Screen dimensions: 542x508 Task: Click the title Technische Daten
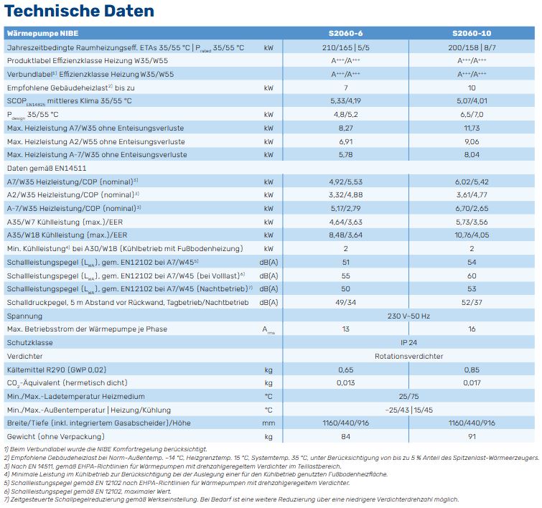tap(79, 11)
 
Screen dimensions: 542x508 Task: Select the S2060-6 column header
tap(346, 33)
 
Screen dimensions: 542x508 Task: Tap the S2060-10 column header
tap(472, 33)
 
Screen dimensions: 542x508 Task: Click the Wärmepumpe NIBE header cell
tap(42, 33)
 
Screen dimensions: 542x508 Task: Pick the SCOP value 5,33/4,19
tap(346, 101)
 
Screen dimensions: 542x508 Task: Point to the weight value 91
tap(472, 436)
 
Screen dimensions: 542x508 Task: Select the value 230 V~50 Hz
tap(408, 316)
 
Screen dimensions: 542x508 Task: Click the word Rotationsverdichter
tap(408, 356)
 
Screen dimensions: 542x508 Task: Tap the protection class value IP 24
tap(408, 342)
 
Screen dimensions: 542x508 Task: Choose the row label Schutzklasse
tap(30, 342)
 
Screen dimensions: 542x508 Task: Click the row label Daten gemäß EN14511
tap(47, 169)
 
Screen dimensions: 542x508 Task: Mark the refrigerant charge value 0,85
tap(472, 370)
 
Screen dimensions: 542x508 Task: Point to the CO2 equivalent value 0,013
tap(346, 383)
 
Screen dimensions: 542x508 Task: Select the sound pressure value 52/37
tap(472, 302)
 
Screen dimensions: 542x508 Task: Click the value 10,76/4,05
tap(472, 235)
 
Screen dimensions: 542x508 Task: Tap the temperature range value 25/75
tap(408, 396)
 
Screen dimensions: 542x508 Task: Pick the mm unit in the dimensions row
tap(268, 423)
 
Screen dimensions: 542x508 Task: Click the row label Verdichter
tap(25, 356)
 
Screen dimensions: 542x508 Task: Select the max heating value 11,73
tap(472, 128)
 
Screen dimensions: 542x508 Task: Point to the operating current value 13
tap(346, 329)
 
